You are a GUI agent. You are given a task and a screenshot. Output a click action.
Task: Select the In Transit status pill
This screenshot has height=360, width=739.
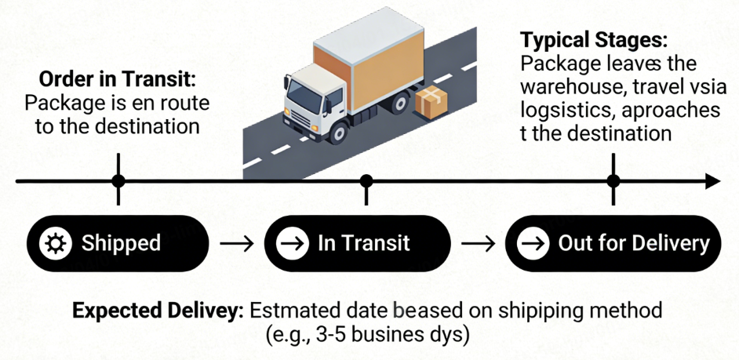click(357, 243)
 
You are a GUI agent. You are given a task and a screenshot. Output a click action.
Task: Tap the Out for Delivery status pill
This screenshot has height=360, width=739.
click(613, 243)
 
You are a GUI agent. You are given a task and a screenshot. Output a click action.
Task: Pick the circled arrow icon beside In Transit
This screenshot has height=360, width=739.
click(293, 243)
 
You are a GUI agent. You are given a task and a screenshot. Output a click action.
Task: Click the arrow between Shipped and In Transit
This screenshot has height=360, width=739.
click(236, 243)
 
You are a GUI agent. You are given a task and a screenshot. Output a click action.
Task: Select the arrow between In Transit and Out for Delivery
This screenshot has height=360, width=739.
click(478, 243)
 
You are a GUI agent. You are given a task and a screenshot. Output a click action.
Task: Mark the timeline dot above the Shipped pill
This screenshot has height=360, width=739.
click(118, 181)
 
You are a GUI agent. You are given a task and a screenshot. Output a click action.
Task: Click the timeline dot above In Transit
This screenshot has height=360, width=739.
click(366, 181)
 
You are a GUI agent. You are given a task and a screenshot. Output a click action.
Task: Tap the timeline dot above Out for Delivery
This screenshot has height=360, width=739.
click(613, 181)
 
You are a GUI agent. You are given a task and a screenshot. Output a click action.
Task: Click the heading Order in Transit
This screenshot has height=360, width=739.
click(118, 80)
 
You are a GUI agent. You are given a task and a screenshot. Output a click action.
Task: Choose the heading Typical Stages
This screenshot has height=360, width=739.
click(594, 40)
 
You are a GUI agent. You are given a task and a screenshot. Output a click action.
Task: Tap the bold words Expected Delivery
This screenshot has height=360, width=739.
click(157, 310)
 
